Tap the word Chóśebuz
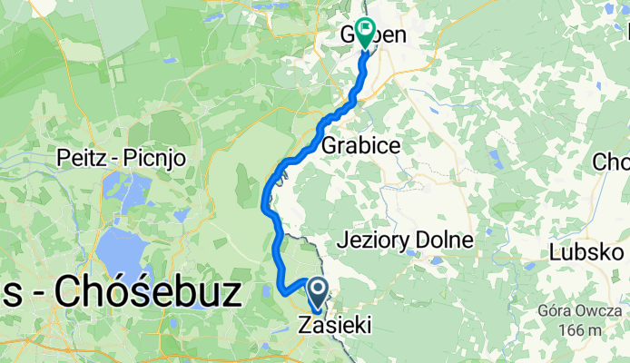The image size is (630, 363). (150, 293)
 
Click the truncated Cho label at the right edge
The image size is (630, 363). (610, 162)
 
